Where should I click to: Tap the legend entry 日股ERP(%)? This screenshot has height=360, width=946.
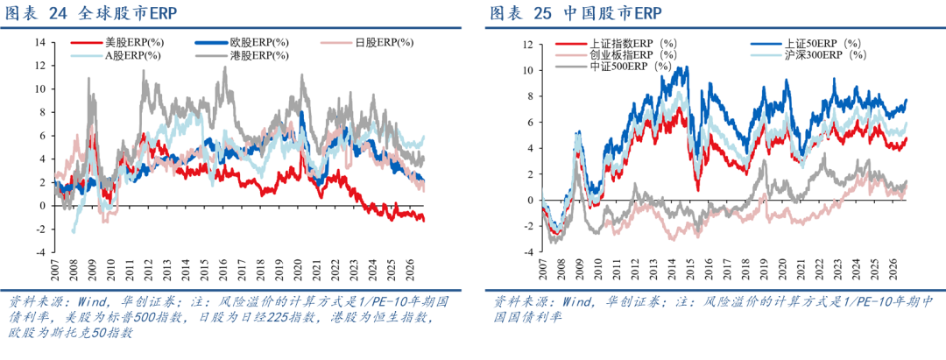click(x=367, y=43)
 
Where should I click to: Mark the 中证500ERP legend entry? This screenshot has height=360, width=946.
click(x=613, y=67)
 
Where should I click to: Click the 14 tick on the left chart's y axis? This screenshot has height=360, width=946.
click(x=41, y=43)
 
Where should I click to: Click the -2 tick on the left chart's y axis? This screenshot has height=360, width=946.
click(x=41, y=229)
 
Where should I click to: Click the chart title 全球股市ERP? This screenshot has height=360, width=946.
click(x=127, y=13)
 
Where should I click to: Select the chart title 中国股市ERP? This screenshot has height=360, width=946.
click(x=612, y=13)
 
